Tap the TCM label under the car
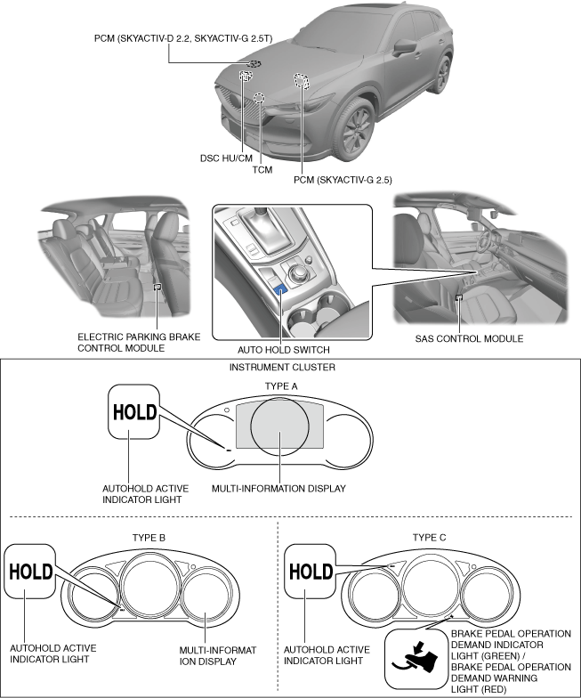pos(262,169)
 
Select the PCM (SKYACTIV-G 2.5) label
pos(343,180)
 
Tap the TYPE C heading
pos(432,538)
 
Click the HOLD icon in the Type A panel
pos(133,411)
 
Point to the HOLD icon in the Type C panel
pos(311,572)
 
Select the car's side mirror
pos(405,45)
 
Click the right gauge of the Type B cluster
pos(204,597)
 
